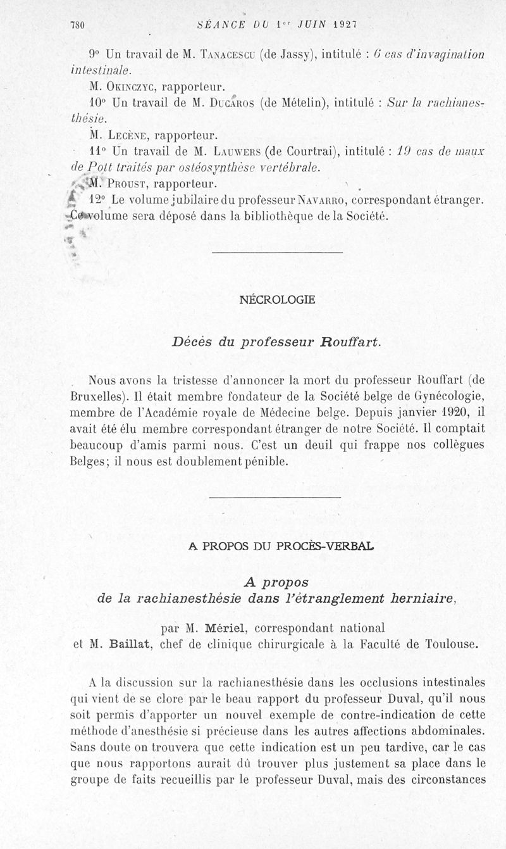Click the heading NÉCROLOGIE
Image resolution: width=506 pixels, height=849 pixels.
[278, 300]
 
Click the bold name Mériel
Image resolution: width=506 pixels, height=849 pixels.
[226, 628]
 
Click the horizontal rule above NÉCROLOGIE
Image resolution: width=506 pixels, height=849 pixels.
[276, 253]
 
